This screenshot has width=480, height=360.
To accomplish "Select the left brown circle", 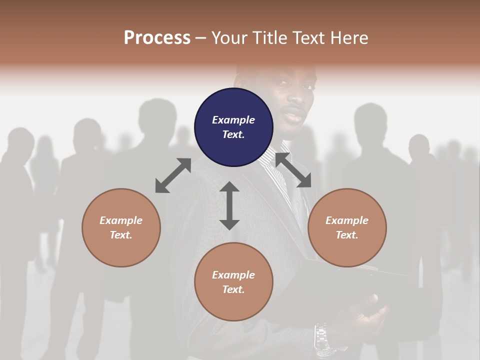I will coord(121,227).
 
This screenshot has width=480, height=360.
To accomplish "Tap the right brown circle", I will coord(347,227).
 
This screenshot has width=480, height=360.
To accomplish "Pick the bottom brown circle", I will coord(233,281).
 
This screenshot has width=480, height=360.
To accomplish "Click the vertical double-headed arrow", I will coord(229,205).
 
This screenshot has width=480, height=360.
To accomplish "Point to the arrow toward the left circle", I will coord(173,175).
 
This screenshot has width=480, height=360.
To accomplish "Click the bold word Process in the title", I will coord(157,37).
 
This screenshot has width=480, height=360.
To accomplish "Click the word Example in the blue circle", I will coord(233,120).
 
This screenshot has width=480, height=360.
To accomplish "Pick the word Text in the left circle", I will coord(121,235).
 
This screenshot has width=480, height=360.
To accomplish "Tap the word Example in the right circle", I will coord(347,220).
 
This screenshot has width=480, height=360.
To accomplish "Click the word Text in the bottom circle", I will coord(233,289).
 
